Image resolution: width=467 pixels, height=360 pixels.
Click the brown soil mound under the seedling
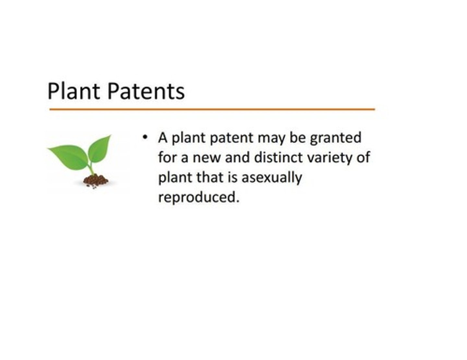click(95, 180)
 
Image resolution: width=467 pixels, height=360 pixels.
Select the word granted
click(335, 138)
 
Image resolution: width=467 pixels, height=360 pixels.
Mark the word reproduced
click(198, 197)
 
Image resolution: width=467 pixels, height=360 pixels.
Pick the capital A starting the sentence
click(163, 138)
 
